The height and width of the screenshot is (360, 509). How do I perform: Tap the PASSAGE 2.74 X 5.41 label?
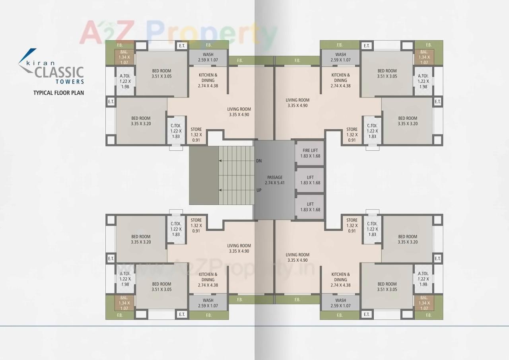(x=274, y=180)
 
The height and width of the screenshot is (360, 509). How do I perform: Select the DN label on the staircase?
(x=259, y=161)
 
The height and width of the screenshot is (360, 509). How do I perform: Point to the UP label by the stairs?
(x=259, y=191)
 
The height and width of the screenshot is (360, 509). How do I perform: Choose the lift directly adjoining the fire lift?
(x=310, y=180)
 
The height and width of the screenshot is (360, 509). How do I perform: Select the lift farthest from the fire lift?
(x=310, y=207)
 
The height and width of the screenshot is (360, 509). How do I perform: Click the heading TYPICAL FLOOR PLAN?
(x=58, y=93)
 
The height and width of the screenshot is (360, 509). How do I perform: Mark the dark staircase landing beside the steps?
(x=204, y=175)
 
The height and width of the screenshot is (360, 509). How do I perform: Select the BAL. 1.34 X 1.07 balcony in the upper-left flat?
(x=124, y=57)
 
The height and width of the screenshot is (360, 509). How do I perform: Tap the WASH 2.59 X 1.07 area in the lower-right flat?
(x=340, y=303)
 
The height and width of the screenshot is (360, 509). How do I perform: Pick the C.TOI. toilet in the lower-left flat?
(x=176, y=229)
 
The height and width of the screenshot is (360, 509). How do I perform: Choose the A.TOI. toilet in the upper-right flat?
(x=423, y=81)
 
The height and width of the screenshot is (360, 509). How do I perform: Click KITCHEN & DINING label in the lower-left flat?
(x=208, y=280)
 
